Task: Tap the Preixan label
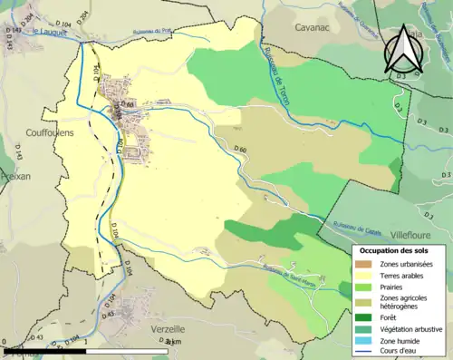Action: (15, 176)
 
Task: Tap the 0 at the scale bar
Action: (5, 342)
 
